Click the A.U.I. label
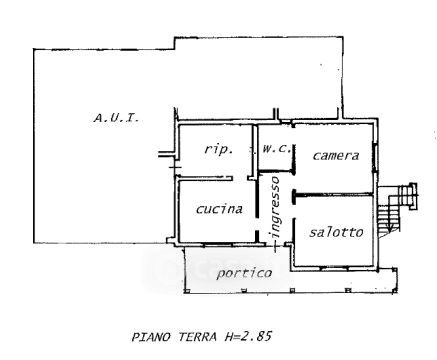(x=116, y=118)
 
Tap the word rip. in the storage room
(x=219, y=149)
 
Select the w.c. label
(x=276, y=149)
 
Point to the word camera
(x=336, y=156)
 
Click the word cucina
(x=219, y=209)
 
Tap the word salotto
(x=336, y=232)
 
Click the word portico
(x=244, y=273)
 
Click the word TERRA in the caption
(x=197, y=337)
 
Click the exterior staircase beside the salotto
(x=397, y=208)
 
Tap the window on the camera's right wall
(x=375, y=157)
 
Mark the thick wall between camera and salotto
(x=332, y=194)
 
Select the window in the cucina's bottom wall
(x=217, y=245)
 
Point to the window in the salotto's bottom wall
(x=334, y=267)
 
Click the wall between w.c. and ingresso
(x=277, y=171)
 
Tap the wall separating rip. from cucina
(x=205, y=178)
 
